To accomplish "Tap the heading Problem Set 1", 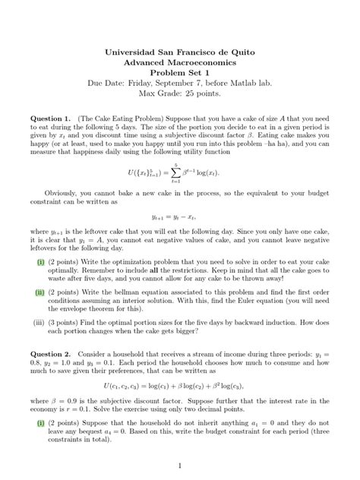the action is point(179,77).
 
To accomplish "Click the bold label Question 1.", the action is point(50,119).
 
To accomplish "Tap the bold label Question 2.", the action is point(50,355).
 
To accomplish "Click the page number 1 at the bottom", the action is point(179,464).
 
